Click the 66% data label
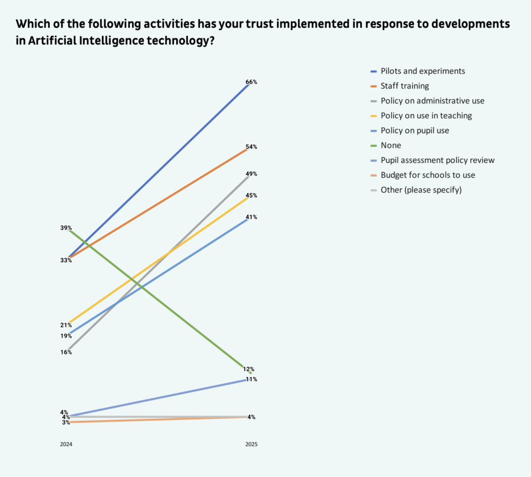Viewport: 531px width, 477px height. click(x=251, y=82)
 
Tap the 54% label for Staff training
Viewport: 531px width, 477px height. click(x=251, y=147)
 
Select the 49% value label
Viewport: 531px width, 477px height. click(x=251, y=174)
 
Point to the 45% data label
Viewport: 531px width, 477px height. click(x=251, y=195)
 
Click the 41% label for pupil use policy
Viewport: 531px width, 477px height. click(x=251, y=217)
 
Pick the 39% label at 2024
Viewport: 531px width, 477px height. click(x=66, y=228)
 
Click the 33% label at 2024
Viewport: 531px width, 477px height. click(x=66, y=260)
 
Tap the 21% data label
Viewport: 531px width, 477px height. click(x=66, y=325)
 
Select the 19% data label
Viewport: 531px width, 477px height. click(x=66, y=336)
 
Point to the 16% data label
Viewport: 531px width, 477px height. click(x=66, y=352)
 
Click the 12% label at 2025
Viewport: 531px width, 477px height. click(x=249, y=369)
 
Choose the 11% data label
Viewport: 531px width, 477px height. click(x=251, y=379)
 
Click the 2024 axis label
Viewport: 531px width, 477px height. click(x=66, y=444)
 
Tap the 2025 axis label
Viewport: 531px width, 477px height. click(x=251, y=444)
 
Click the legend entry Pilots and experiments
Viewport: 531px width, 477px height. click(x=423, y=71)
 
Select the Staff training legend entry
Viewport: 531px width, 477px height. click(x=405, y=86)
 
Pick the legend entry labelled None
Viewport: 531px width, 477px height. click(x=391, y=145)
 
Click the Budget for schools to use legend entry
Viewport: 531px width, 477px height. click(x=428, y=175)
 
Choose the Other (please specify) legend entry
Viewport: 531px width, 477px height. click(x=421, y=190)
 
